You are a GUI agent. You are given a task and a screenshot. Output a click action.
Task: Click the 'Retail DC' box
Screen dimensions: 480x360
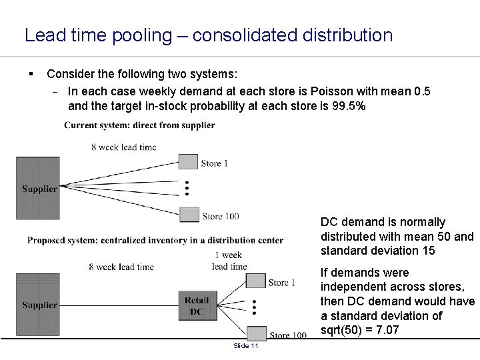tap(197, 306)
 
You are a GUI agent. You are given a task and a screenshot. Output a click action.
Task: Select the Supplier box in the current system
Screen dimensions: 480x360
tap(37, 188)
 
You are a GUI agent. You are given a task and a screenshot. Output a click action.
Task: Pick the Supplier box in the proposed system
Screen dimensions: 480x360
tap(37, 305)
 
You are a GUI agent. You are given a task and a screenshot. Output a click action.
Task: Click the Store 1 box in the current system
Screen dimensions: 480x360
tap(189, 161)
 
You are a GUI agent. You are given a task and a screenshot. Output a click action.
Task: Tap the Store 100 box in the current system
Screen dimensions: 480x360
tap(189, 214)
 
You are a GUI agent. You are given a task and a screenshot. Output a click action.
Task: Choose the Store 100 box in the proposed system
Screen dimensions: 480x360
tap(257, 333)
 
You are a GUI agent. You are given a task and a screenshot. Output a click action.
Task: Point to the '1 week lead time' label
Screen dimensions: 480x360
tap(229, 261)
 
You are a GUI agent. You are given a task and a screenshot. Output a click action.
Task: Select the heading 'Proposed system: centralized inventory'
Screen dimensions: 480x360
tap(155, 240)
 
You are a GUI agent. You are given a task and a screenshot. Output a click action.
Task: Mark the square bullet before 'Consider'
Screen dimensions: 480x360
tap(31, 72)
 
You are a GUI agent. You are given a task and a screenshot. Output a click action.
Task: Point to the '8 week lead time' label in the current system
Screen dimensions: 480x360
tap(124, 147)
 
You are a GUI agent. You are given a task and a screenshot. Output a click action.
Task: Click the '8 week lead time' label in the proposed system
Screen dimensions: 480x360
tap(121, 267)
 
